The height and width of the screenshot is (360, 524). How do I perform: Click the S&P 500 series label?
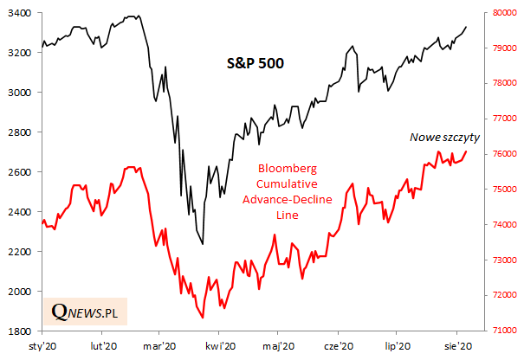coord(250,63)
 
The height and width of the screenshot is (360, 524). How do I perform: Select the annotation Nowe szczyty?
coord(443,137)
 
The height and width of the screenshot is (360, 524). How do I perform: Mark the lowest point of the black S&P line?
coord(203,244)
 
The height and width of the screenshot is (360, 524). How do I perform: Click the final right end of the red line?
coord(467,151)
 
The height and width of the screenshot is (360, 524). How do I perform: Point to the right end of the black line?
coord(467,27)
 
